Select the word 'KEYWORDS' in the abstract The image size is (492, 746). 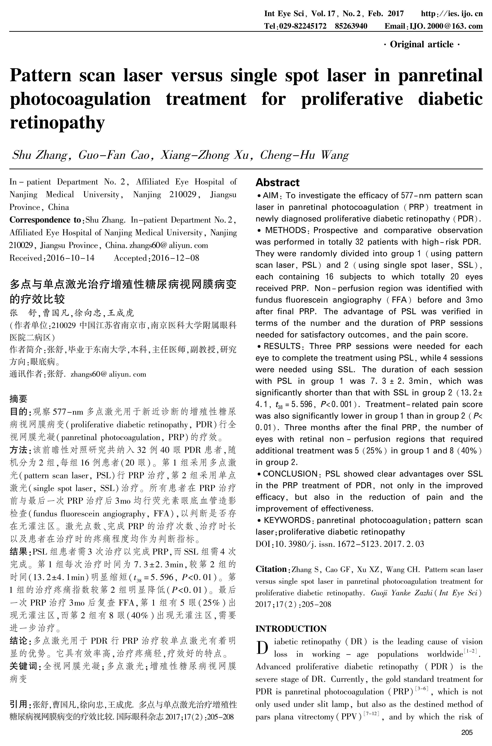287,520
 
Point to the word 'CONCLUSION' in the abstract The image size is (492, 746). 290,474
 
